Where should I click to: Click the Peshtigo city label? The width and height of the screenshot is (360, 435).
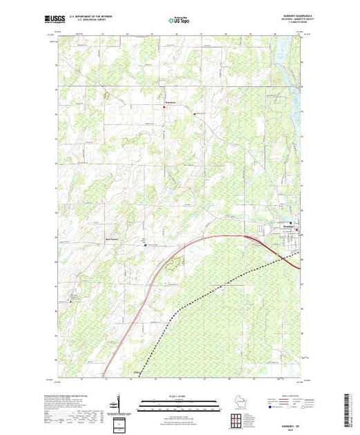pyautogui.click(x=289, y=226)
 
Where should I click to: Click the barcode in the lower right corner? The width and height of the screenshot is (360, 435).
pyautogui.click(x=348, y=407)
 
